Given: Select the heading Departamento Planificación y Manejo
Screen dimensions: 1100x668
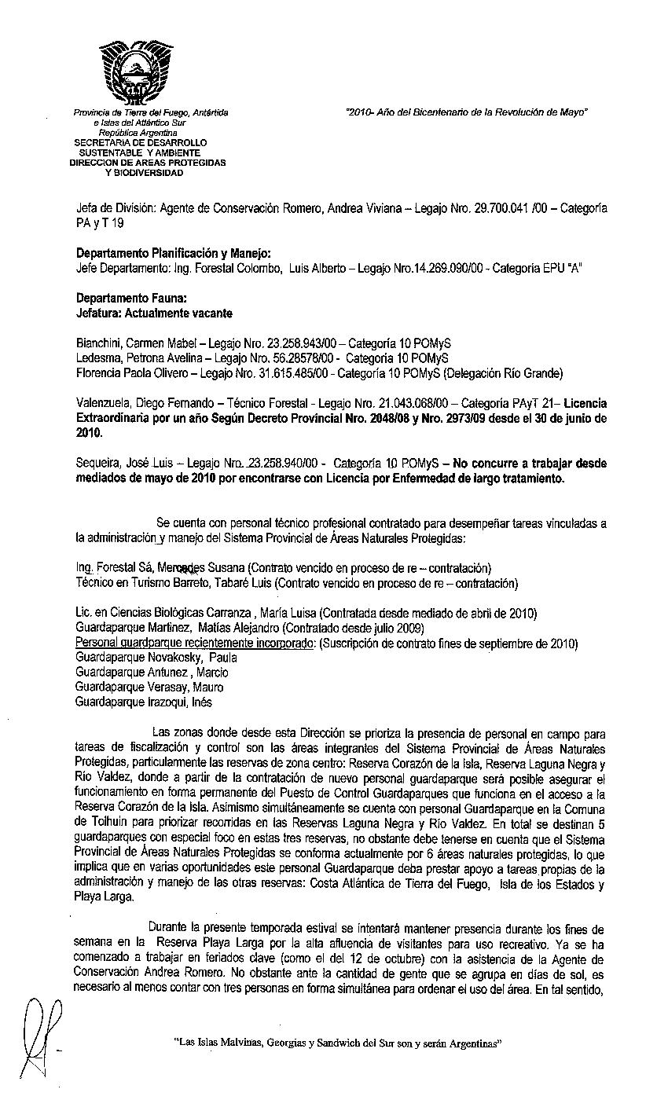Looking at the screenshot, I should (173, 253).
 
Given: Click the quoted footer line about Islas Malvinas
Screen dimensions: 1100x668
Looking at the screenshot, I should (338, 1043).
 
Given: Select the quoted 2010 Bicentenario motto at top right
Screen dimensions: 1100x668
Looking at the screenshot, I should (467, 112).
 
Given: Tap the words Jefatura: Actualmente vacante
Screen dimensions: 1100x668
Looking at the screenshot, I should (154, 313).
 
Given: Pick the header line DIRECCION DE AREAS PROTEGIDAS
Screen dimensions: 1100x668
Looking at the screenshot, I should (148, 162).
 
